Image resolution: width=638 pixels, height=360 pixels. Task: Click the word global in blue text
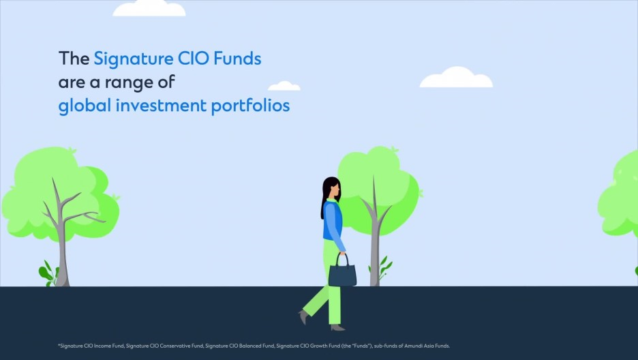(79, 106)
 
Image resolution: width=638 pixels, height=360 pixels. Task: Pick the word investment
(155, 106)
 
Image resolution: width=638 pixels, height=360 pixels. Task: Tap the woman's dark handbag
(342, 273)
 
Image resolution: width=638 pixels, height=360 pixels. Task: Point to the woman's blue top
(333, 222)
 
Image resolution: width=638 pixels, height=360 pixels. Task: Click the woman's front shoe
(337, 327)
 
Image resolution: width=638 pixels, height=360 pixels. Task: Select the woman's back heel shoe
(303, 316)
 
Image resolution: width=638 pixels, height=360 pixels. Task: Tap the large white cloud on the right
(455, 78)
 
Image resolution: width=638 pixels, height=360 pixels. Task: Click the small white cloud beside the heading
(284, 86)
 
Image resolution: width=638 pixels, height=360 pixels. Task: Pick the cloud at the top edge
(149, 8)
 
